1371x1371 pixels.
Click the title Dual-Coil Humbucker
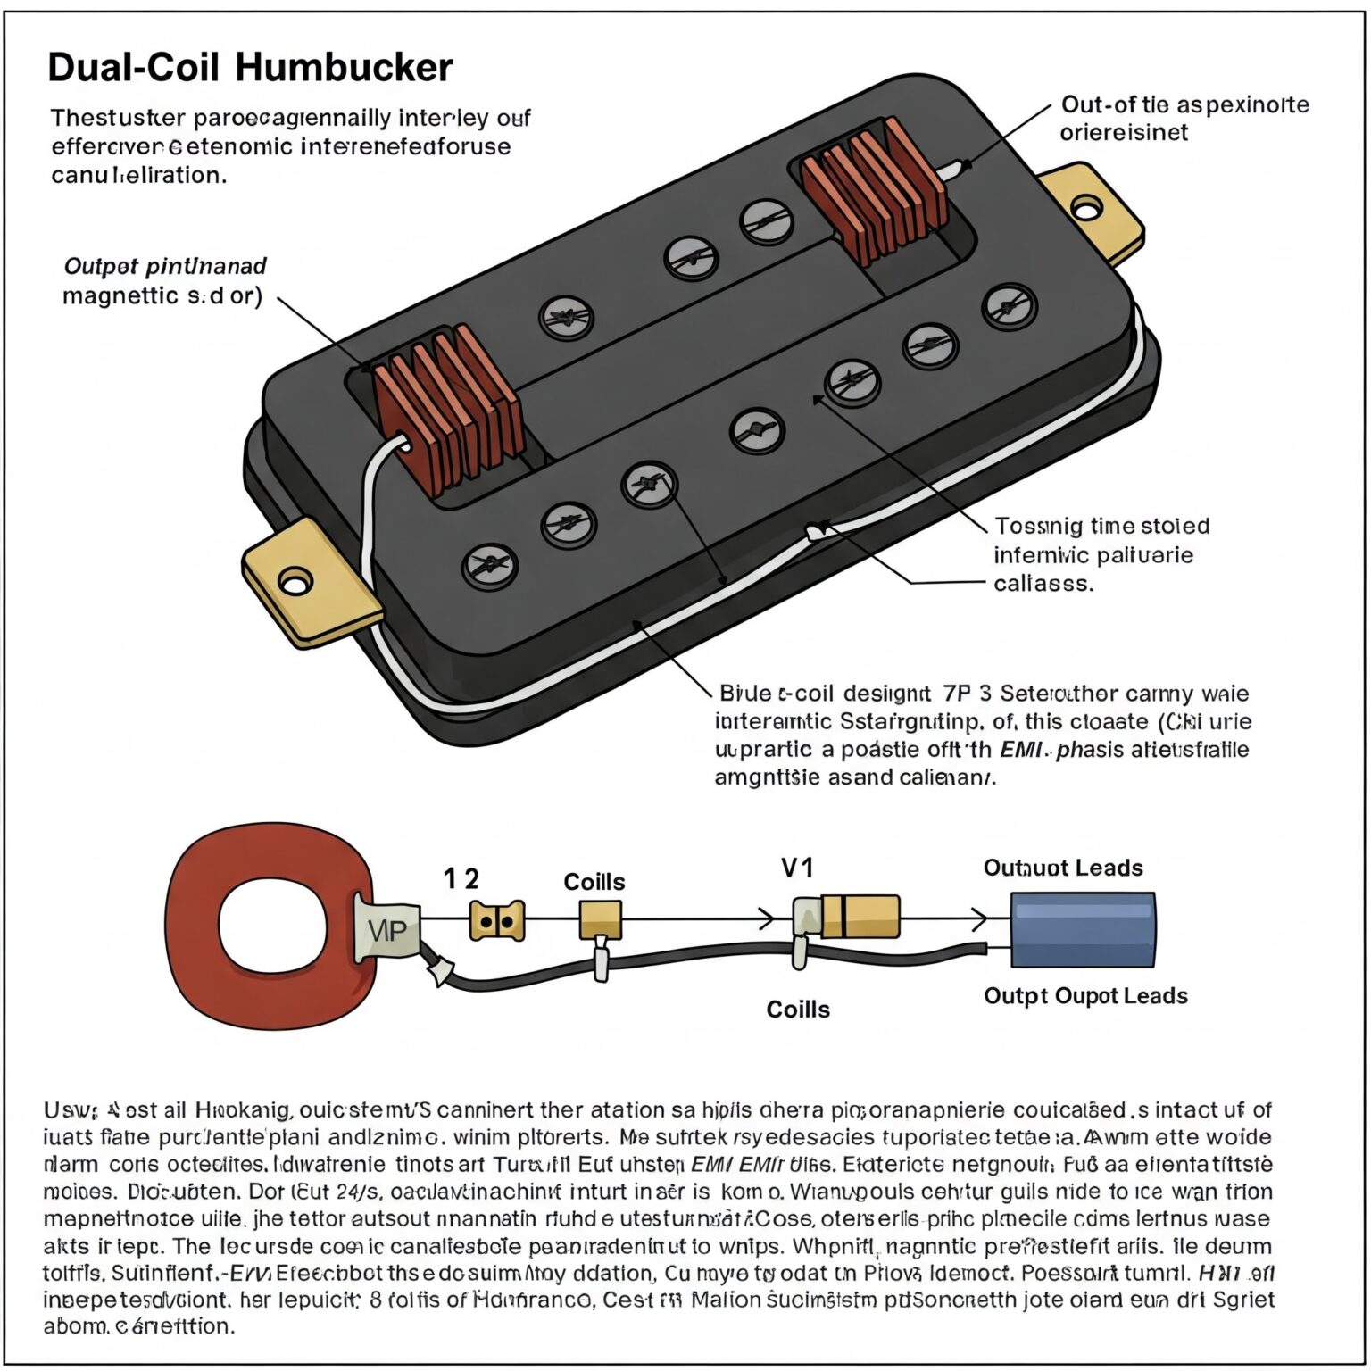250,68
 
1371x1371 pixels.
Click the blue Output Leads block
1082,929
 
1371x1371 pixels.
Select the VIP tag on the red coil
386,931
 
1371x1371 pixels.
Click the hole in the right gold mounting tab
1085,209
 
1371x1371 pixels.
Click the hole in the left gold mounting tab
294,583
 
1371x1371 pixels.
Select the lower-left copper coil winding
446,409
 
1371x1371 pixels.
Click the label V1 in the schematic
797,868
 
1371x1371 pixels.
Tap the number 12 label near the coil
461,879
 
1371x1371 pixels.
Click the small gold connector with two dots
496,920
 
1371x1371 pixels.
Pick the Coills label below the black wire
797,1010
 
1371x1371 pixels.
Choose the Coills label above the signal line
594,882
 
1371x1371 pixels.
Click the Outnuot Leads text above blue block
1062,868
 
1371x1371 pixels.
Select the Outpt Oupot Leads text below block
1085,996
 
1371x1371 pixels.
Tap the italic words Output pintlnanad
165,266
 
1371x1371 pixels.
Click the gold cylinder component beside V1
860,916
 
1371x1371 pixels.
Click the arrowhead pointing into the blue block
979,918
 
